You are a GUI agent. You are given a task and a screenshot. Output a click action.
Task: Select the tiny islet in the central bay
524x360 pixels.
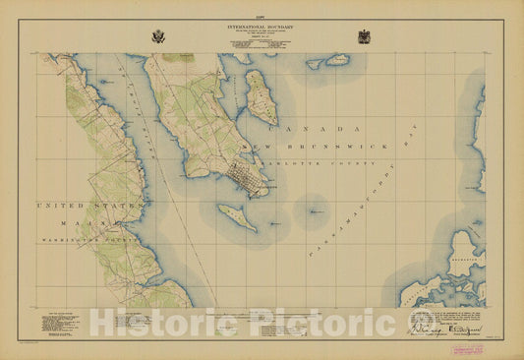pyautogui.click(x=314, y=210)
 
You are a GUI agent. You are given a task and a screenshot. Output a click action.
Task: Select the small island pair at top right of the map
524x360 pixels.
pyautogui.click(x=328, y=61)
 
